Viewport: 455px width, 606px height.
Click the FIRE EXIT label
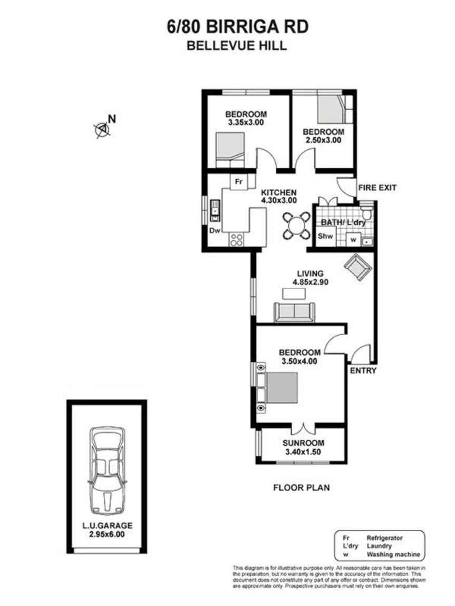(377, 188)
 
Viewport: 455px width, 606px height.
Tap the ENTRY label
(363, 370)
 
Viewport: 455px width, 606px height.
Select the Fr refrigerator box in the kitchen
(239, 182)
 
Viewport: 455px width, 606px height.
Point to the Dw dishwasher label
(215, 231)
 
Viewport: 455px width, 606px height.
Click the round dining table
(296, 226)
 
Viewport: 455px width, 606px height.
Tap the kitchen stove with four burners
(237, 240)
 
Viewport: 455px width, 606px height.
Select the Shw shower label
(325, 236)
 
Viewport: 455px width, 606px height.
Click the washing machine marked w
(353, 240)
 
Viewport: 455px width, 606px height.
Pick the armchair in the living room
(357, 267)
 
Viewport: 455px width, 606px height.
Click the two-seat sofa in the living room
(294, 312)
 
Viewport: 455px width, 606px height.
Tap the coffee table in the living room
(294, 294)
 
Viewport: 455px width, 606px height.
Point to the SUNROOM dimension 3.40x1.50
(303, 452)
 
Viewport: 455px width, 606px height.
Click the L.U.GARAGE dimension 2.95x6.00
(107, 534)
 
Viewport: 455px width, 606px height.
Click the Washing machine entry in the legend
(393, 554)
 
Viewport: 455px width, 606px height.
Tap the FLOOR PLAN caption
(301, 488)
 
